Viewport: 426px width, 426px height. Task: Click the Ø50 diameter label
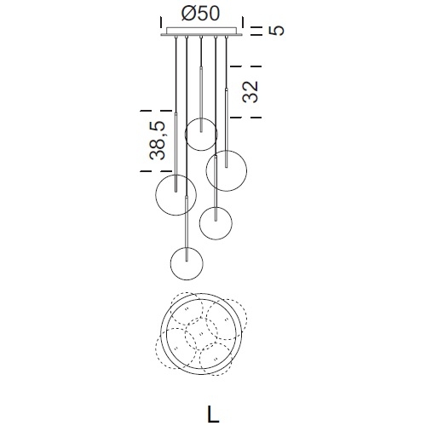coord(200,14)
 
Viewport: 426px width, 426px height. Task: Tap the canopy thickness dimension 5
coord(276,31)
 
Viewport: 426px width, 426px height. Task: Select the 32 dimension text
coord(250,92)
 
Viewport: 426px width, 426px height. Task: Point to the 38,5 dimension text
coord(157,141)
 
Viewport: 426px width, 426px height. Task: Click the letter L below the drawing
coord(213,413)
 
